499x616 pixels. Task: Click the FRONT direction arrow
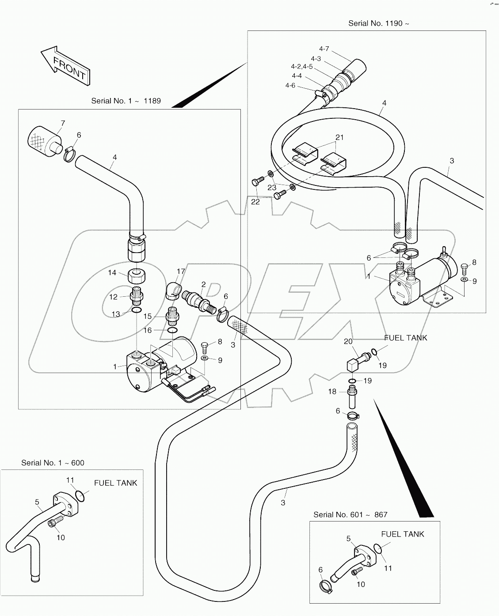pos(66,65)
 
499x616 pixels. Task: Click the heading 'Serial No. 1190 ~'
pos(378,23)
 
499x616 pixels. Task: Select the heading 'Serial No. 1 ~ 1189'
pos(126,101)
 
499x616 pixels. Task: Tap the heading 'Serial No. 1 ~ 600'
pos(53,463)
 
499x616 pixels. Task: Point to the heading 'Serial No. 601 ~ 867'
pos(350,514)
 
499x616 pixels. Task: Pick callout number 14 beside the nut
pos(112,272)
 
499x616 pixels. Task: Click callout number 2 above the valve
pos(203,284)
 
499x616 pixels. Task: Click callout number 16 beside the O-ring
pos(147,330)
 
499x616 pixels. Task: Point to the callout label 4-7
pos(324,49)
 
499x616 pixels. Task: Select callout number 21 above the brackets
pos(339,137)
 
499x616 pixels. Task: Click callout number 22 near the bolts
pos(255,201)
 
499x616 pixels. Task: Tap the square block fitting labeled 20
pos(352,365)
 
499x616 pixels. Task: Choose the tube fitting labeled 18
pos(353,397)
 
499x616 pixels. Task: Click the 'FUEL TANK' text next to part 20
pos(405,338)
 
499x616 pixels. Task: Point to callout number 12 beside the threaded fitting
pos(114,297)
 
